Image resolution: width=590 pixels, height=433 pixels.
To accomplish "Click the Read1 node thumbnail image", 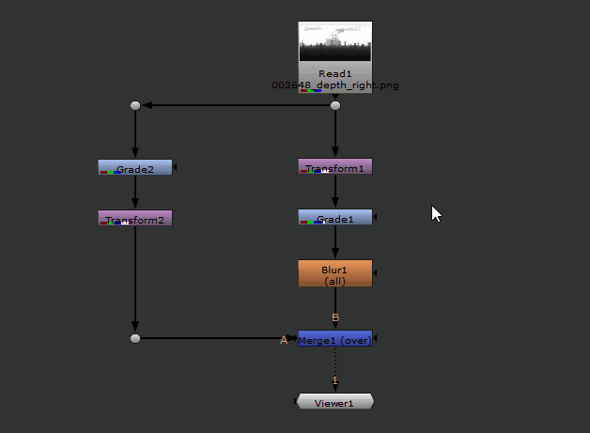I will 335,43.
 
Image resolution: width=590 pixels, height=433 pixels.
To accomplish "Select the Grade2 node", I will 135,167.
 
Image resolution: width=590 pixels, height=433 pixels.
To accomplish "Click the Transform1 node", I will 335,167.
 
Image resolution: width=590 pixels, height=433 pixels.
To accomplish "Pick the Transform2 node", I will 135,218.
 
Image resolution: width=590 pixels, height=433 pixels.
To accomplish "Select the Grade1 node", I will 335,217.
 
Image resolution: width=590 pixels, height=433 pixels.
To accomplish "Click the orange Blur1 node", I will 335,273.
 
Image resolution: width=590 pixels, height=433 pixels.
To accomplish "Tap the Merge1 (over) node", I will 335,339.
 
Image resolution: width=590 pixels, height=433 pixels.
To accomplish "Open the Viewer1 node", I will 334,402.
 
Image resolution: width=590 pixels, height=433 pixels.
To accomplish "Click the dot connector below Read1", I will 335,105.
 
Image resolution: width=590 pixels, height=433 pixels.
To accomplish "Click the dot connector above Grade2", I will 135,105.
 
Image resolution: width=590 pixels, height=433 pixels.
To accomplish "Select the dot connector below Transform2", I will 135,337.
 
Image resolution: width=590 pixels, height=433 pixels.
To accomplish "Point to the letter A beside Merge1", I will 284,340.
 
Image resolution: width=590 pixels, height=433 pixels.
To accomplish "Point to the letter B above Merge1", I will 335,317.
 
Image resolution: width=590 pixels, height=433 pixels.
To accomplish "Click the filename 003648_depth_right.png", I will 335,85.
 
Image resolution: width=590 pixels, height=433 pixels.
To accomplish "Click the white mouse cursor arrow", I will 435,212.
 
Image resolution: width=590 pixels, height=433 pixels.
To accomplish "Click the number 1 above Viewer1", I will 335,379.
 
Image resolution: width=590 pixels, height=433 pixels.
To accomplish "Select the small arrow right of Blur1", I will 376,273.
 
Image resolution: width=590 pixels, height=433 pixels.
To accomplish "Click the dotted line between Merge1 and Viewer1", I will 335,362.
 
